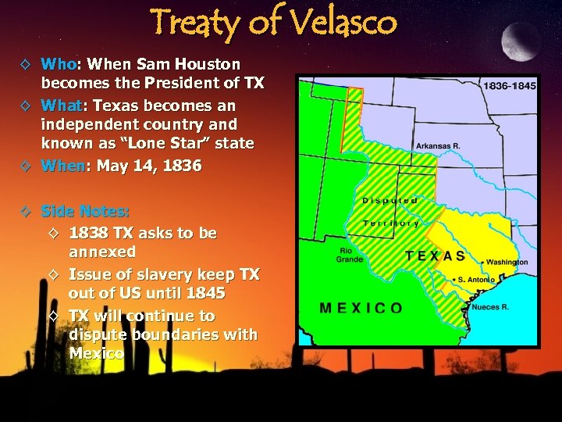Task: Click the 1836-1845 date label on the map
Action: (x=509, y=86)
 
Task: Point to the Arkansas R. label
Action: (x=438, y=146)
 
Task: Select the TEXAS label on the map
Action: (x=436, y=256)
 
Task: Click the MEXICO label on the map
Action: (x=361, y=307)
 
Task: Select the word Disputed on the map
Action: (x=390, y=201)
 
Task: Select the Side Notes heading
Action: (x=85, y=211)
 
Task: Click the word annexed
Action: (x=102, y=252)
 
